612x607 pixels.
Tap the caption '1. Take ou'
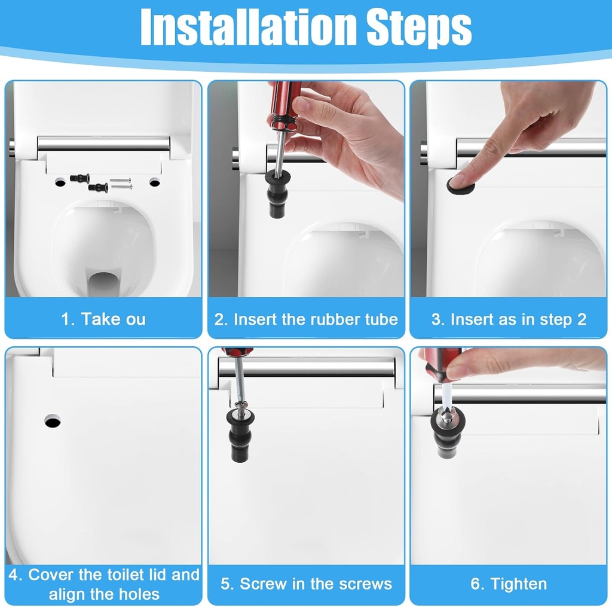click(x=103, y=319)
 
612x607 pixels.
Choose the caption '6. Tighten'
click(x=509, y=584)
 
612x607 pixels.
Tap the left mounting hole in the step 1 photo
click(x=60, y=181)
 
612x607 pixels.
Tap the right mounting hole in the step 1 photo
click(x=155, y=181)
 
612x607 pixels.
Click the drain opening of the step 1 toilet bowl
click(x=103, y=285)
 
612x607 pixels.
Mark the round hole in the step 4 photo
click(x=53, y=421)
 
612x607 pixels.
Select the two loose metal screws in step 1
click(x=121, y=183)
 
